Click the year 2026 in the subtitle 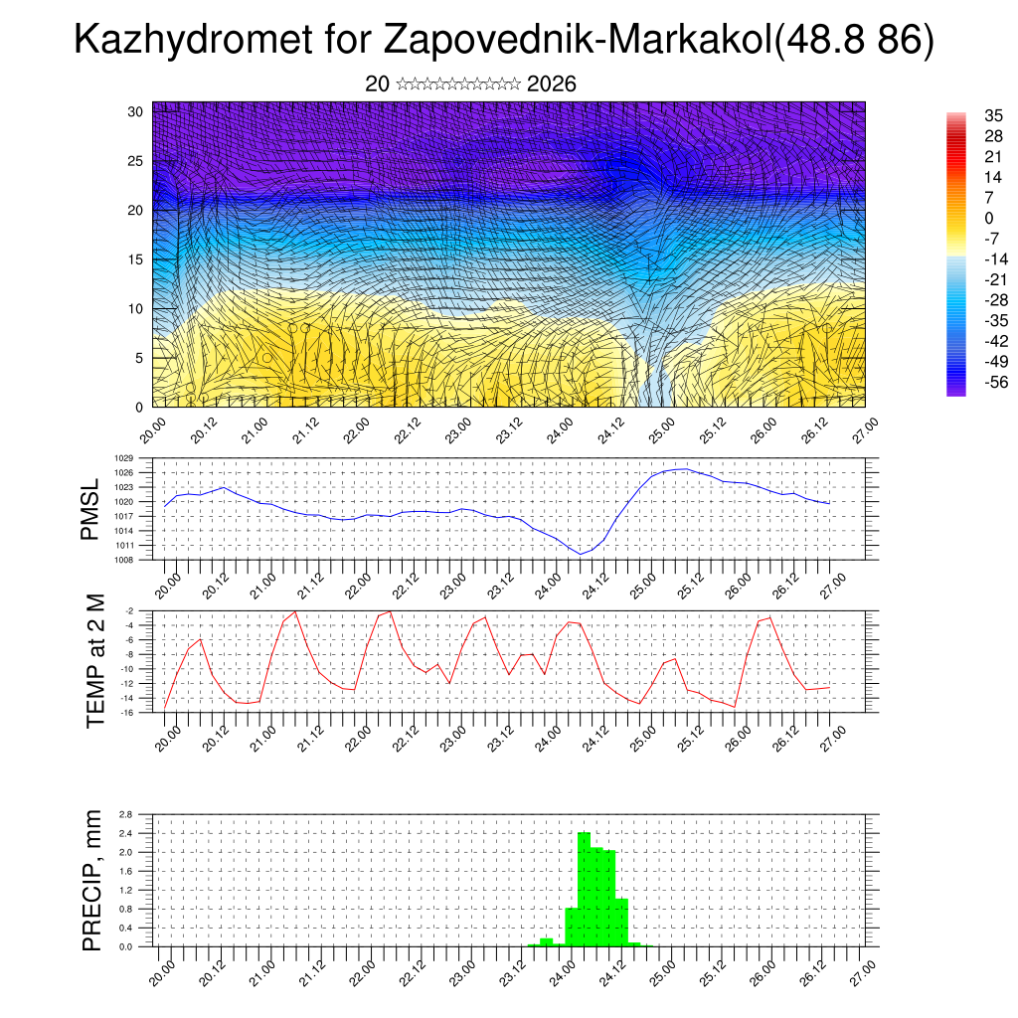552,85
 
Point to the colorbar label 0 988,219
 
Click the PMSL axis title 90,508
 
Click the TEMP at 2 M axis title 95,661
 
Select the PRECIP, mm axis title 92,880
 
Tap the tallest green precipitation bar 584,889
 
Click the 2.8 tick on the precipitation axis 125,814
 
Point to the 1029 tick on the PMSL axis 122,458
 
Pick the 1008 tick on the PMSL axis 122,560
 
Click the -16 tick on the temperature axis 127,713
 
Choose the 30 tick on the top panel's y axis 136,111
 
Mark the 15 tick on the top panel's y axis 136,259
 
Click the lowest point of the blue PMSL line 581,554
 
